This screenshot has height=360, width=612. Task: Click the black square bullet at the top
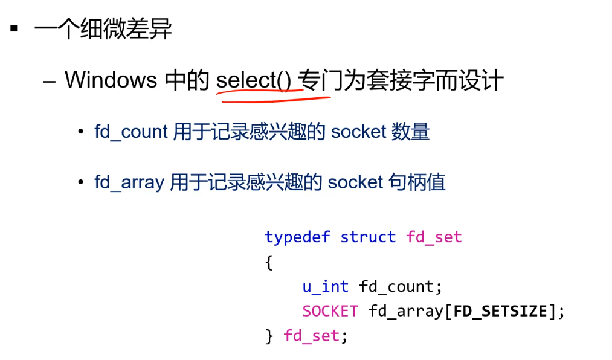point(14,28)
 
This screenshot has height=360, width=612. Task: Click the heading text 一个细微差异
point(103,29)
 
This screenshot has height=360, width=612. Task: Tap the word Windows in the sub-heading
point(111,80)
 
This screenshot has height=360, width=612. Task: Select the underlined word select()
point(254,80)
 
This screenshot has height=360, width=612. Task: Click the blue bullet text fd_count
point(130,131)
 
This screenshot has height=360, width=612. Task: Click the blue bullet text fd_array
point(129,182)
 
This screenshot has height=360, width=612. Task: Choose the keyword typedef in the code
point(297,237)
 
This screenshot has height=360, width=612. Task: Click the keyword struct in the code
point(367,237)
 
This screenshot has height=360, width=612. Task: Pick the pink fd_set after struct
point(434,237)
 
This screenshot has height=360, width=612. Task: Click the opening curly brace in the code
point(269,263)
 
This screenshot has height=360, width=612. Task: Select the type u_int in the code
point(325,286)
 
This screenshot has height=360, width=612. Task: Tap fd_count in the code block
point(396,286)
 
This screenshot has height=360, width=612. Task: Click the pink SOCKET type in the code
point(330,311)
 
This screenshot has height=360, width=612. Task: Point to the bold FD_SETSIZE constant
point(500,311)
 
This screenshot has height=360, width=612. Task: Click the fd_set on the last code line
point(311,336)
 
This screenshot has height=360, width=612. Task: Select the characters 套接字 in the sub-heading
point(401,80)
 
